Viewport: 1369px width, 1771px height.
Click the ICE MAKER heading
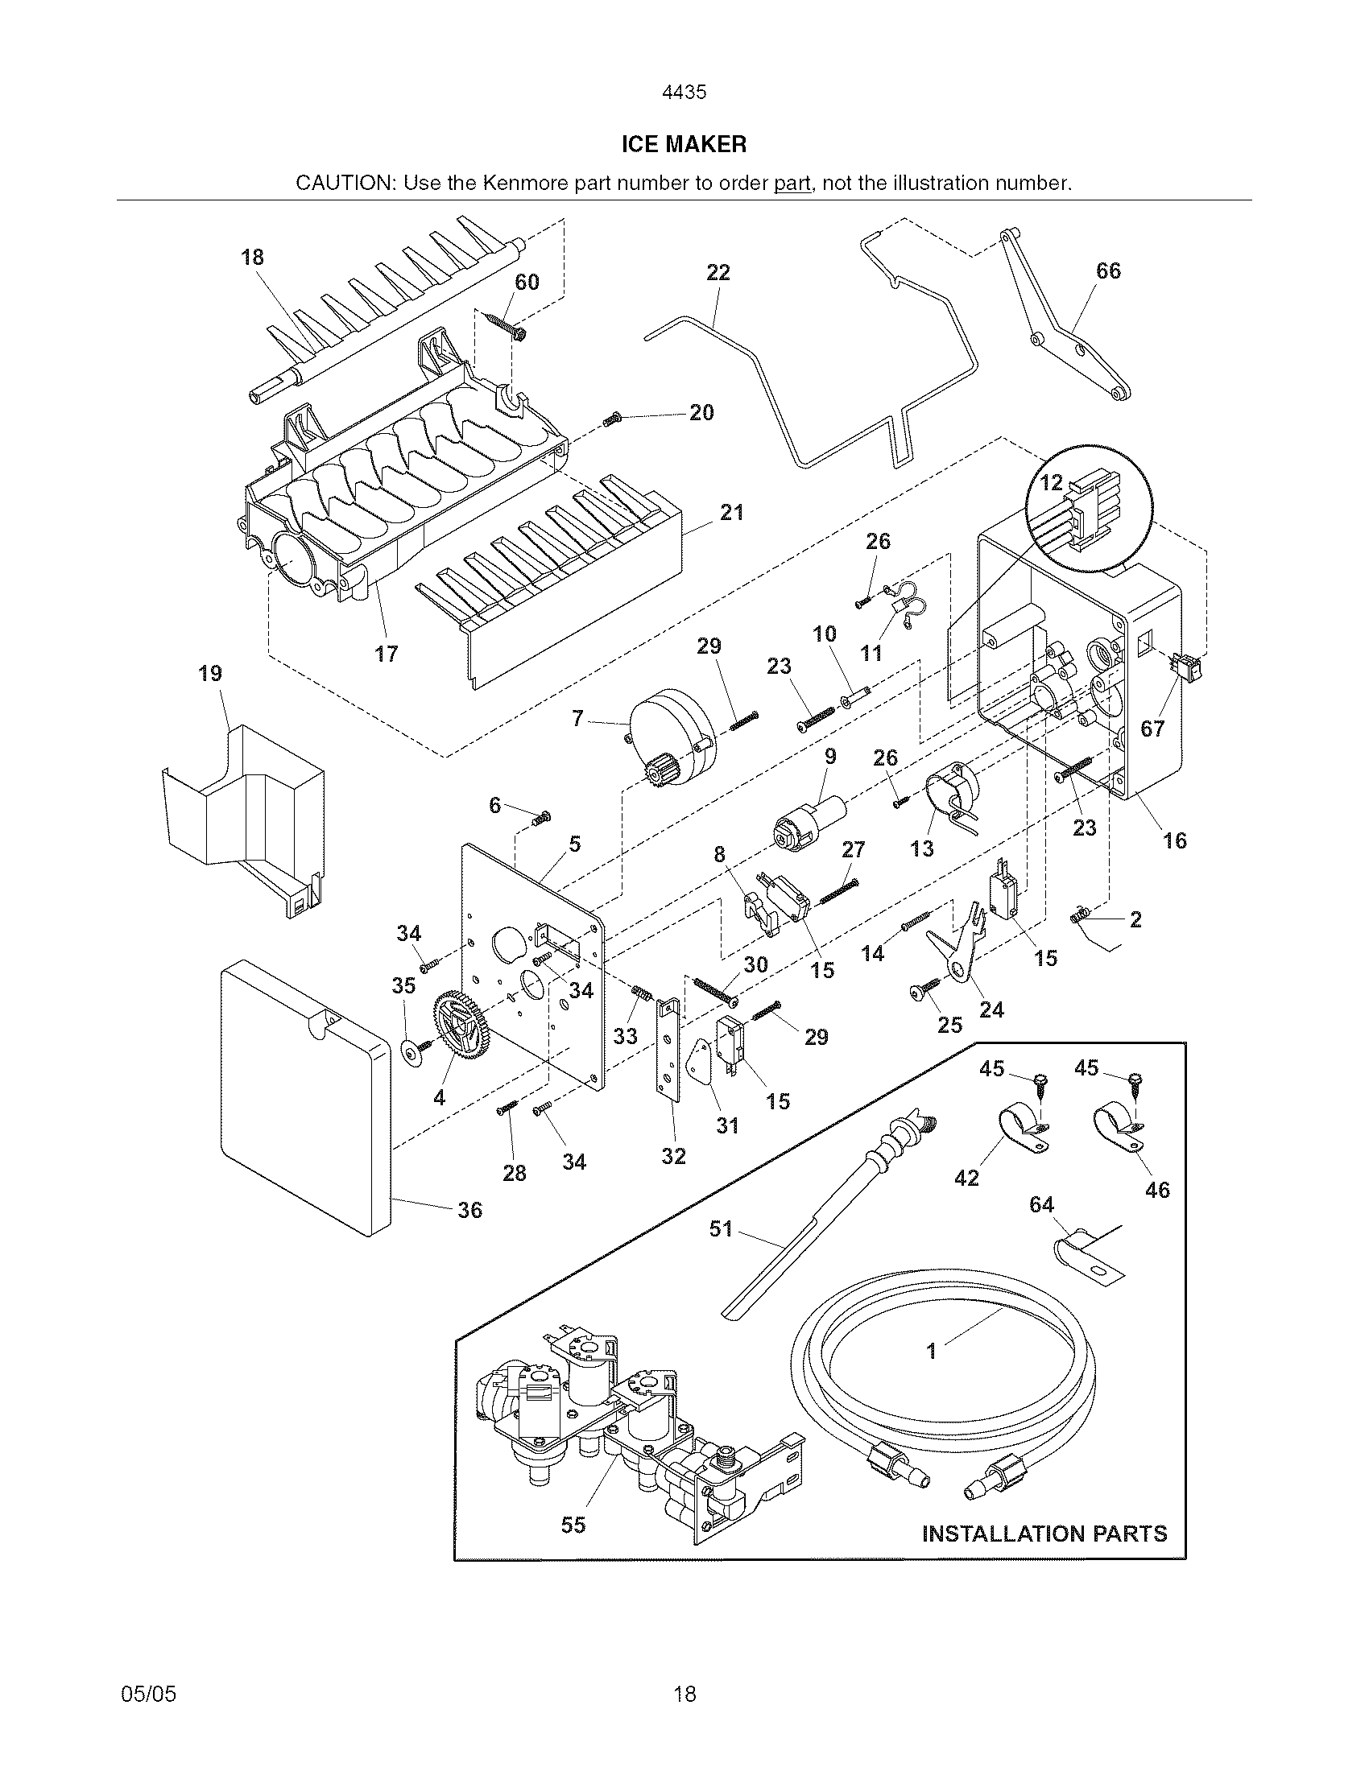point(684,144)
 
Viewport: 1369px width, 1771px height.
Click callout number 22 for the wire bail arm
point(718,272)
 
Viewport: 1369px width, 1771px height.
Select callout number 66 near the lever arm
point(1108,270)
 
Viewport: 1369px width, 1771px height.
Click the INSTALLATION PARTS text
point(1044,1534)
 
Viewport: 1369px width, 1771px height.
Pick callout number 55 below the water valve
point(573,1525)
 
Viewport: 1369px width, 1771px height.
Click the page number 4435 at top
point(684,93)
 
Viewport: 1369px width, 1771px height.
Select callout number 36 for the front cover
point(469,1210)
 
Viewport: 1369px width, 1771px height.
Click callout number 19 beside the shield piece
point(210,673)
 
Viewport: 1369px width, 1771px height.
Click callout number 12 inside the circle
point(1051,482)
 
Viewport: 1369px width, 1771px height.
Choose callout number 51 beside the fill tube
point(720,1228)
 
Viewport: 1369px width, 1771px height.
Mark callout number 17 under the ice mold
point(386,653)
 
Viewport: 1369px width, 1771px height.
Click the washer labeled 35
point(414,1053)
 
